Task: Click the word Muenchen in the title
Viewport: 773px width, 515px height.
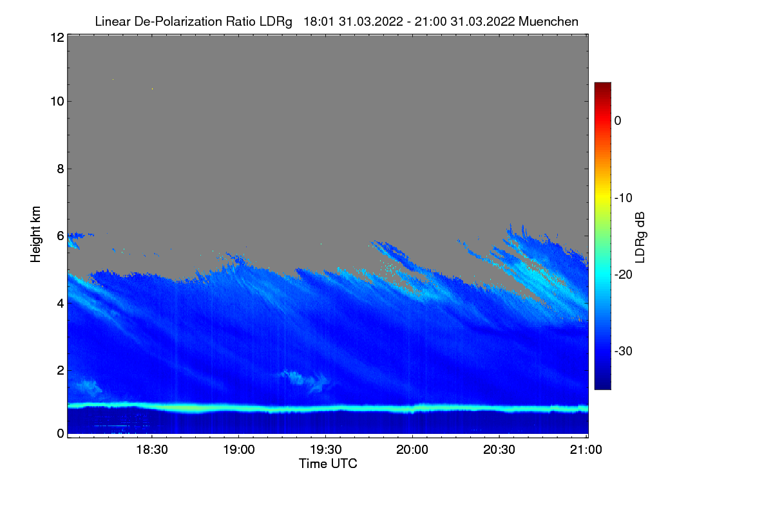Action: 548,21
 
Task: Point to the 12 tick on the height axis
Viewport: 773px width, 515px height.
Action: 56,37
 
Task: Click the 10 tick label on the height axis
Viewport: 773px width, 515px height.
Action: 56,101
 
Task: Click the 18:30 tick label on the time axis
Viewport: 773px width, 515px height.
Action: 151,451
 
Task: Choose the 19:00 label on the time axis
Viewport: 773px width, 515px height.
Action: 238,451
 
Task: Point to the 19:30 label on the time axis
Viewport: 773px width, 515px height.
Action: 325,451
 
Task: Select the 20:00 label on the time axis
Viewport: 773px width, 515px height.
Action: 412,451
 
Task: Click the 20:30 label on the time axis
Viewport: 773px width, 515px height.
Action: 499,451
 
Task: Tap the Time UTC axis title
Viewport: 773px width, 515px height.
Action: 328,464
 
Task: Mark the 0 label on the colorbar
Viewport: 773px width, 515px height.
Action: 617,120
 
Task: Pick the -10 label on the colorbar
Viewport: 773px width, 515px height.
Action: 622,198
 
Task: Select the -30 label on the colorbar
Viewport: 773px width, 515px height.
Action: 622,351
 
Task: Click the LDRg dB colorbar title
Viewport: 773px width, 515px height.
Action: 640,236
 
